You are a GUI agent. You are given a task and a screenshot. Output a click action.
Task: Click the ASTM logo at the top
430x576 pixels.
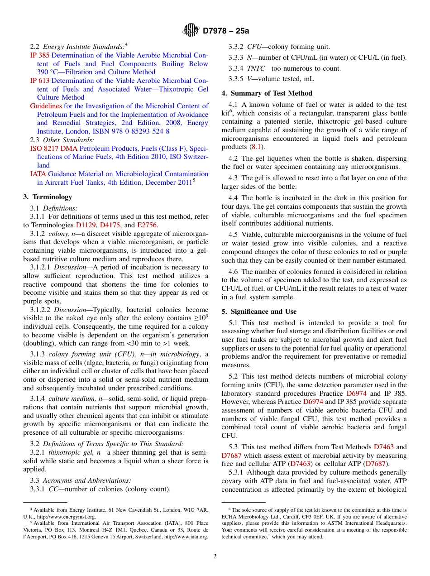point(191,30)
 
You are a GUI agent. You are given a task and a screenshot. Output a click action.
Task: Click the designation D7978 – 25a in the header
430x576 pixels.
point(226,31)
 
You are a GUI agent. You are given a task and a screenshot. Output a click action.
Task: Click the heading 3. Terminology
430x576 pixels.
point(48,197)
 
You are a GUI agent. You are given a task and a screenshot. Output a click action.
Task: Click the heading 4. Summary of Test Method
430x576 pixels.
point(267,93)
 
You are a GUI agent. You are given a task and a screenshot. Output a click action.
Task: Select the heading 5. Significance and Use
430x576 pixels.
point(259,312)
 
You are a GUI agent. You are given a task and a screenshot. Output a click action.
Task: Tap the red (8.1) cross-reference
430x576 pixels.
point(255,147)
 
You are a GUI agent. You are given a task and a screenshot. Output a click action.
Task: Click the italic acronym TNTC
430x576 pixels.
point(256,68)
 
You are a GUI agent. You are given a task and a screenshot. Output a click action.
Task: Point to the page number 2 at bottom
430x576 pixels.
point(215,557)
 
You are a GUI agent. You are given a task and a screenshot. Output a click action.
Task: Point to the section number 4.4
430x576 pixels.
point(233,198)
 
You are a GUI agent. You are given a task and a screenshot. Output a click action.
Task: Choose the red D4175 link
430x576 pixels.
point(110,225)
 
